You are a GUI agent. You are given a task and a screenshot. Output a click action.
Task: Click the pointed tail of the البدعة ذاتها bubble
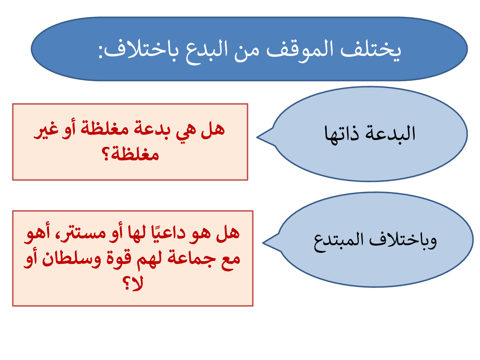click(x=257, y=137)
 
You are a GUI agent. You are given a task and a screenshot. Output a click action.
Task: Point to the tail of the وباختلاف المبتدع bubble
click(x=263, y=243)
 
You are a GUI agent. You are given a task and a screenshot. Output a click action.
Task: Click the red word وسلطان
click(x=71, y=260)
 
